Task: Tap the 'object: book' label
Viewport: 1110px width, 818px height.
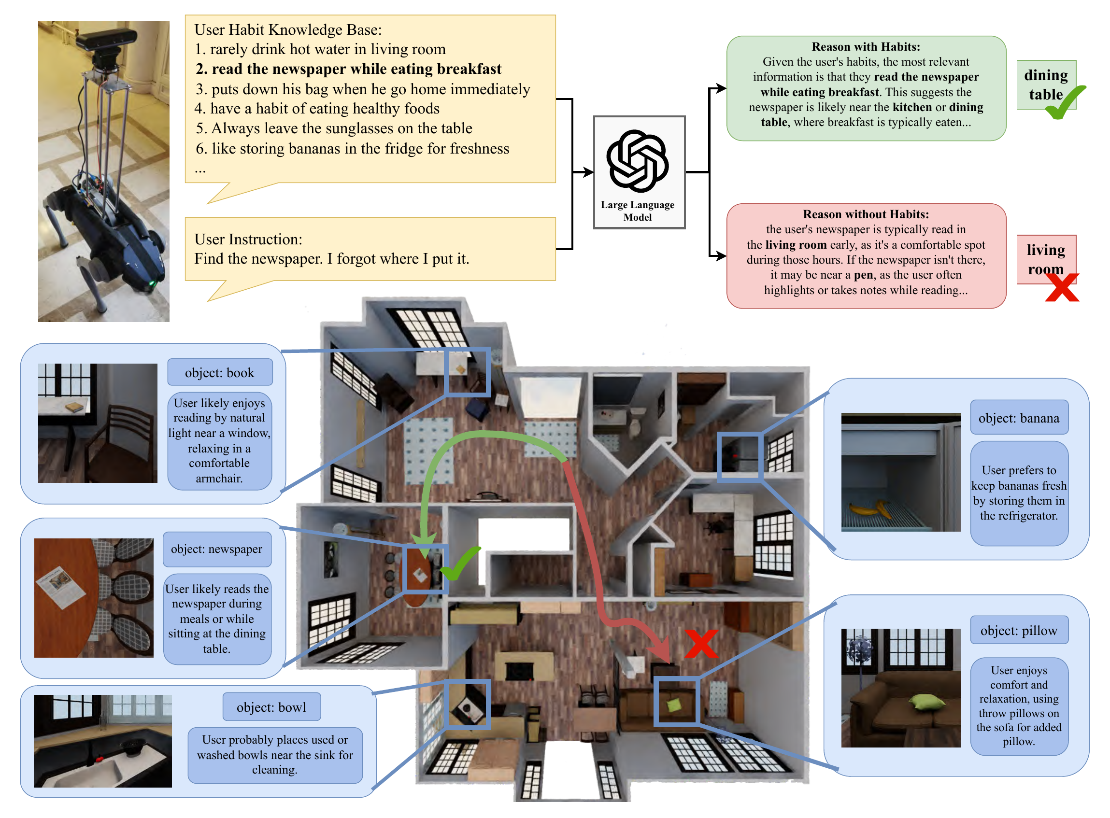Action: coord(219,372)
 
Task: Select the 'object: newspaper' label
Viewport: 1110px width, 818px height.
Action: coord(216,549)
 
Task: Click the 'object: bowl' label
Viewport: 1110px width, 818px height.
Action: coord(271,707)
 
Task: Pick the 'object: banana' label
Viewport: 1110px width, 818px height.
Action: coord(1018,418)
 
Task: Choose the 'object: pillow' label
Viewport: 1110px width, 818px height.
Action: coord(1018,630)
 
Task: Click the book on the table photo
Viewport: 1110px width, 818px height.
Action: coord(75,407)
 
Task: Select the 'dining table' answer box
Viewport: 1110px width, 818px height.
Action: coord(1045,85)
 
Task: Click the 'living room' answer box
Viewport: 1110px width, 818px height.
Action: coord(1045,259)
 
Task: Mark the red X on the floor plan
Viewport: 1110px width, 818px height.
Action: coord(701,643)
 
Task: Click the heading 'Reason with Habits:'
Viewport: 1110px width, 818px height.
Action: coord(865,46)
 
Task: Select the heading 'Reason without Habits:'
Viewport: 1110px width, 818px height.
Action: coord(865,214)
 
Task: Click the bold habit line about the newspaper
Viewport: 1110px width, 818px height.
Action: coord(348,69)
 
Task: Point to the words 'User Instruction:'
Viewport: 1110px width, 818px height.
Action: coord(248,239)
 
